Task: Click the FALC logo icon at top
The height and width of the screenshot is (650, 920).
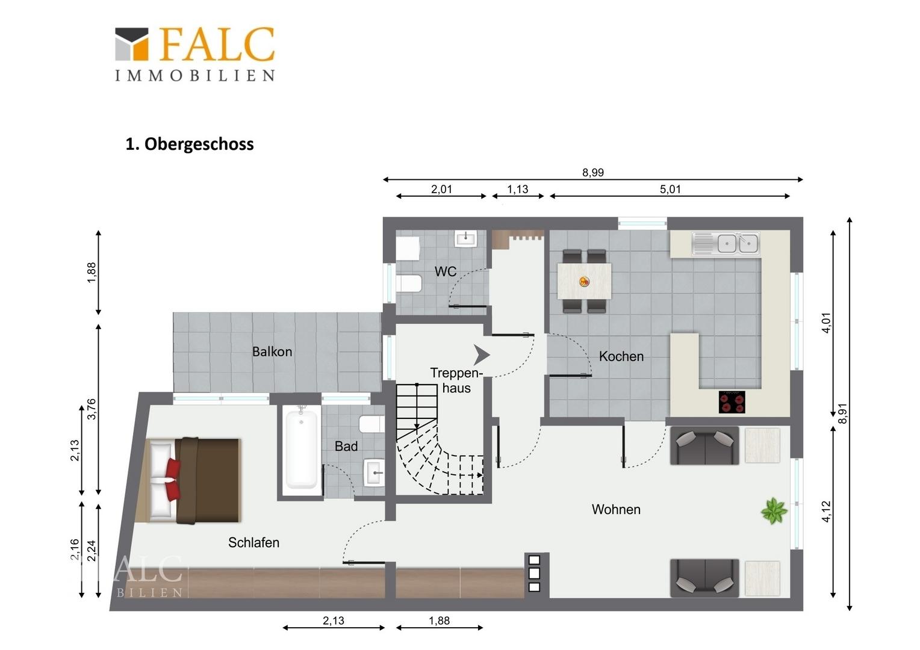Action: tap(131, 44)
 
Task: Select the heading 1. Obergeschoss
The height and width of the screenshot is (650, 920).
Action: tap(189, 144)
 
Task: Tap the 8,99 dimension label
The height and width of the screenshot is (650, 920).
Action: tap(592, 173)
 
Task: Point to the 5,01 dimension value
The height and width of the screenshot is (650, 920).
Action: tap(670, 190)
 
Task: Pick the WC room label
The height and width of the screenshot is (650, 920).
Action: tap(445, 271)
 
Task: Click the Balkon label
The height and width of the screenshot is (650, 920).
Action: tap(272, 351)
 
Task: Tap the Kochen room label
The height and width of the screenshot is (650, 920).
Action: tap(621, 356)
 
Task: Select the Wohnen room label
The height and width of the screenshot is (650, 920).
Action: tap(616, 510)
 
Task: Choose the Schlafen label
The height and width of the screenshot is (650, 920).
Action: tap(253, 542)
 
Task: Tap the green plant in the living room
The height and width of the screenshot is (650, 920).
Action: tap(774, 511)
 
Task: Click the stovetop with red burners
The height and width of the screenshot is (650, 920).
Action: tap(732, 401)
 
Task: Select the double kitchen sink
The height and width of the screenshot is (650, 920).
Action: tap(738, 244)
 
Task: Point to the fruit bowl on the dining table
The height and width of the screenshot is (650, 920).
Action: tap(584, 282)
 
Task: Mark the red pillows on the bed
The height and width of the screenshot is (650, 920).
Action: tap(173, 480)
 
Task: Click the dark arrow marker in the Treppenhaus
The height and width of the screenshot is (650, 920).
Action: tap(481, 355)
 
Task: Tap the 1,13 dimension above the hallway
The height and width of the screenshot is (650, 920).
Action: tap(518, 190)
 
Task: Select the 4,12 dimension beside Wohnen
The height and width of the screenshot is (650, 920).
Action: tap(826, 512)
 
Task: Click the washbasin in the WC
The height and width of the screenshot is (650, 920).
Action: tap(466, 238)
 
